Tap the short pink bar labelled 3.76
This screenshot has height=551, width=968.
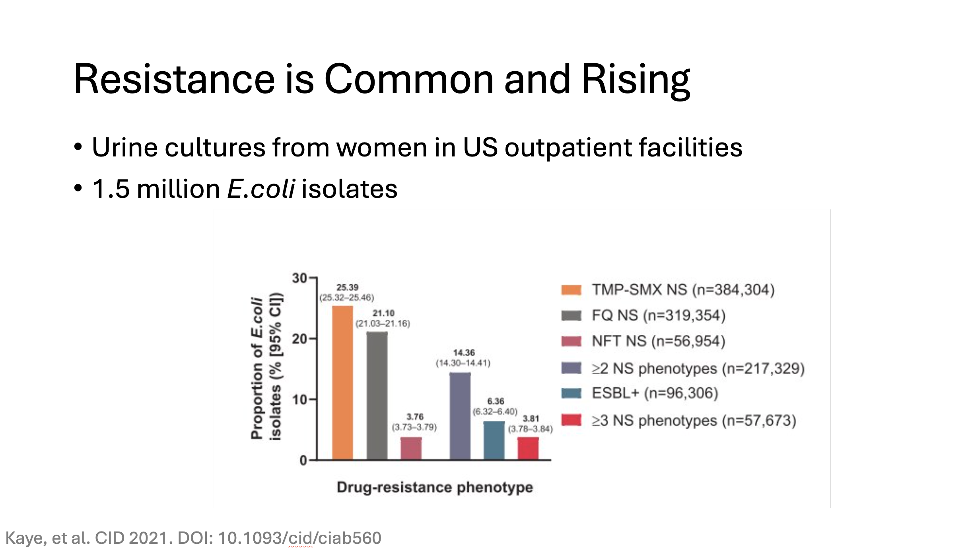[411, 448]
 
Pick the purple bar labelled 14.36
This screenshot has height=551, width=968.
[460, 416]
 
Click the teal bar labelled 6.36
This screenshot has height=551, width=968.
[494, 440]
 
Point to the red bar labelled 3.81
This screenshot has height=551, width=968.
[528, 448]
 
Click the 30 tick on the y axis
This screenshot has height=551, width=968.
[300, 278]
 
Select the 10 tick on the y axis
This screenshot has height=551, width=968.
[300, 400]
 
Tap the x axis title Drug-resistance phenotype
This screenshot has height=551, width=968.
[435, 487]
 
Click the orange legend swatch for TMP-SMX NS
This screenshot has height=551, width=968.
[571, 290]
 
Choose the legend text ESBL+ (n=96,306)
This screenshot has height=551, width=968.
[655, 393]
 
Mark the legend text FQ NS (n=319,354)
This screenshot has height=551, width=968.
[659, 316]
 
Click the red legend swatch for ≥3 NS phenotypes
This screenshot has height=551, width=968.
[571, 420]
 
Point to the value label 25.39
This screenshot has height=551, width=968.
[347, 287]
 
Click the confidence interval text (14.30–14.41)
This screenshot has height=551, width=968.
[463, 363]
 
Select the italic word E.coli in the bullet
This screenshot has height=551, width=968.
[261, 189]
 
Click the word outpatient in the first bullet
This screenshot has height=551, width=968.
[568, 148]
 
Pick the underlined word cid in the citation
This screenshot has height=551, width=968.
[300, 538]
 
